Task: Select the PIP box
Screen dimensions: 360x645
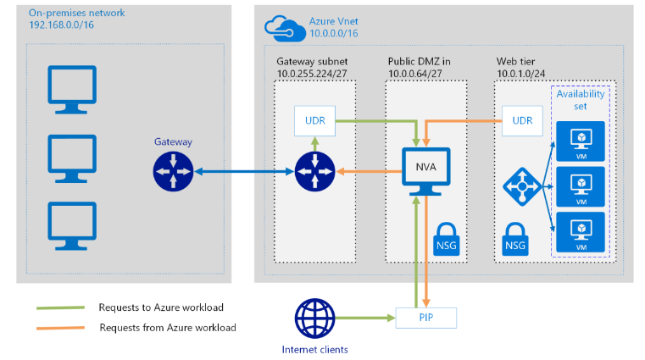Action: [x=425, y=318]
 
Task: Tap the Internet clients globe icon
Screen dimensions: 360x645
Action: [x=314, y=319]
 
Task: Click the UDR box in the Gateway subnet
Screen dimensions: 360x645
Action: [x=314, y=120]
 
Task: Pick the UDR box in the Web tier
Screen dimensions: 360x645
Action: [x=523, y=120]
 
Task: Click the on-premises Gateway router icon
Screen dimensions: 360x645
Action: [x=174, y=172]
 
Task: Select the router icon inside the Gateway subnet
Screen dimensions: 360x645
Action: [x=314, y=172]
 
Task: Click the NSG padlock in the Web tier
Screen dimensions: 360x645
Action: [x=514, y=237]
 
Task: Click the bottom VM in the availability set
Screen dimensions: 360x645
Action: [x=581, y=229]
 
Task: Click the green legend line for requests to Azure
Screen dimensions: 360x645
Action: [x=59, y=307]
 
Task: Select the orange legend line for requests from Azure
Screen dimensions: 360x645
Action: [x=59, y=327]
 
